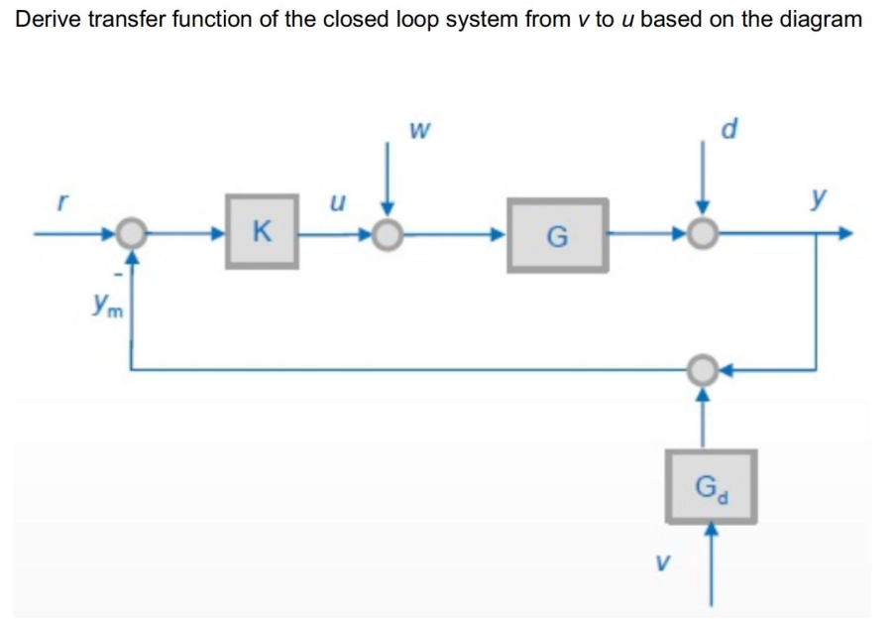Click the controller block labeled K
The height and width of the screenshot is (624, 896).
(262, 232)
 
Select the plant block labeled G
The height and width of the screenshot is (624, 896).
(557, 235)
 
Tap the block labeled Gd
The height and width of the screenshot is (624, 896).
(711, 487)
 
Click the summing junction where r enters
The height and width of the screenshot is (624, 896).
(129, 234)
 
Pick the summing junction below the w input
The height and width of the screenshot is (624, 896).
(390, 234)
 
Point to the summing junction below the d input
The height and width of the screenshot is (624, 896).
(703, 234)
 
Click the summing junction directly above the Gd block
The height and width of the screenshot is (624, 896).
(703, 370)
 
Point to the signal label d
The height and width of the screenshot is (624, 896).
(730, 129)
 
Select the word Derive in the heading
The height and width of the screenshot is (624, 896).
(49, 19)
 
